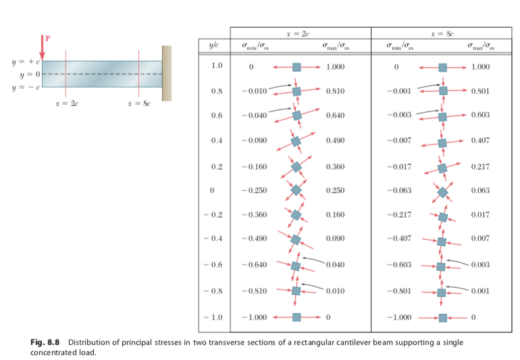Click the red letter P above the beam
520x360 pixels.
point(47,38)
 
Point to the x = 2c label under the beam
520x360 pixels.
point(66,105)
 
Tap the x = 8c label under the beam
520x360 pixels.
point(139,105)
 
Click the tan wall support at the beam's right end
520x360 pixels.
point(167,74)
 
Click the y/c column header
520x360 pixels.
point(213,45)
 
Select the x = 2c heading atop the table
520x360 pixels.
point(299,32)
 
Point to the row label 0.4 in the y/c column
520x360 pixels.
point(214,140)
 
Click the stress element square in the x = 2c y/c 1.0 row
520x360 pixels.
point(296,67)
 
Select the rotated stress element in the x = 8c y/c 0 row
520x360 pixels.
point(442,192)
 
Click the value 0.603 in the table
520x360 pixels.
point(481,115)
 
